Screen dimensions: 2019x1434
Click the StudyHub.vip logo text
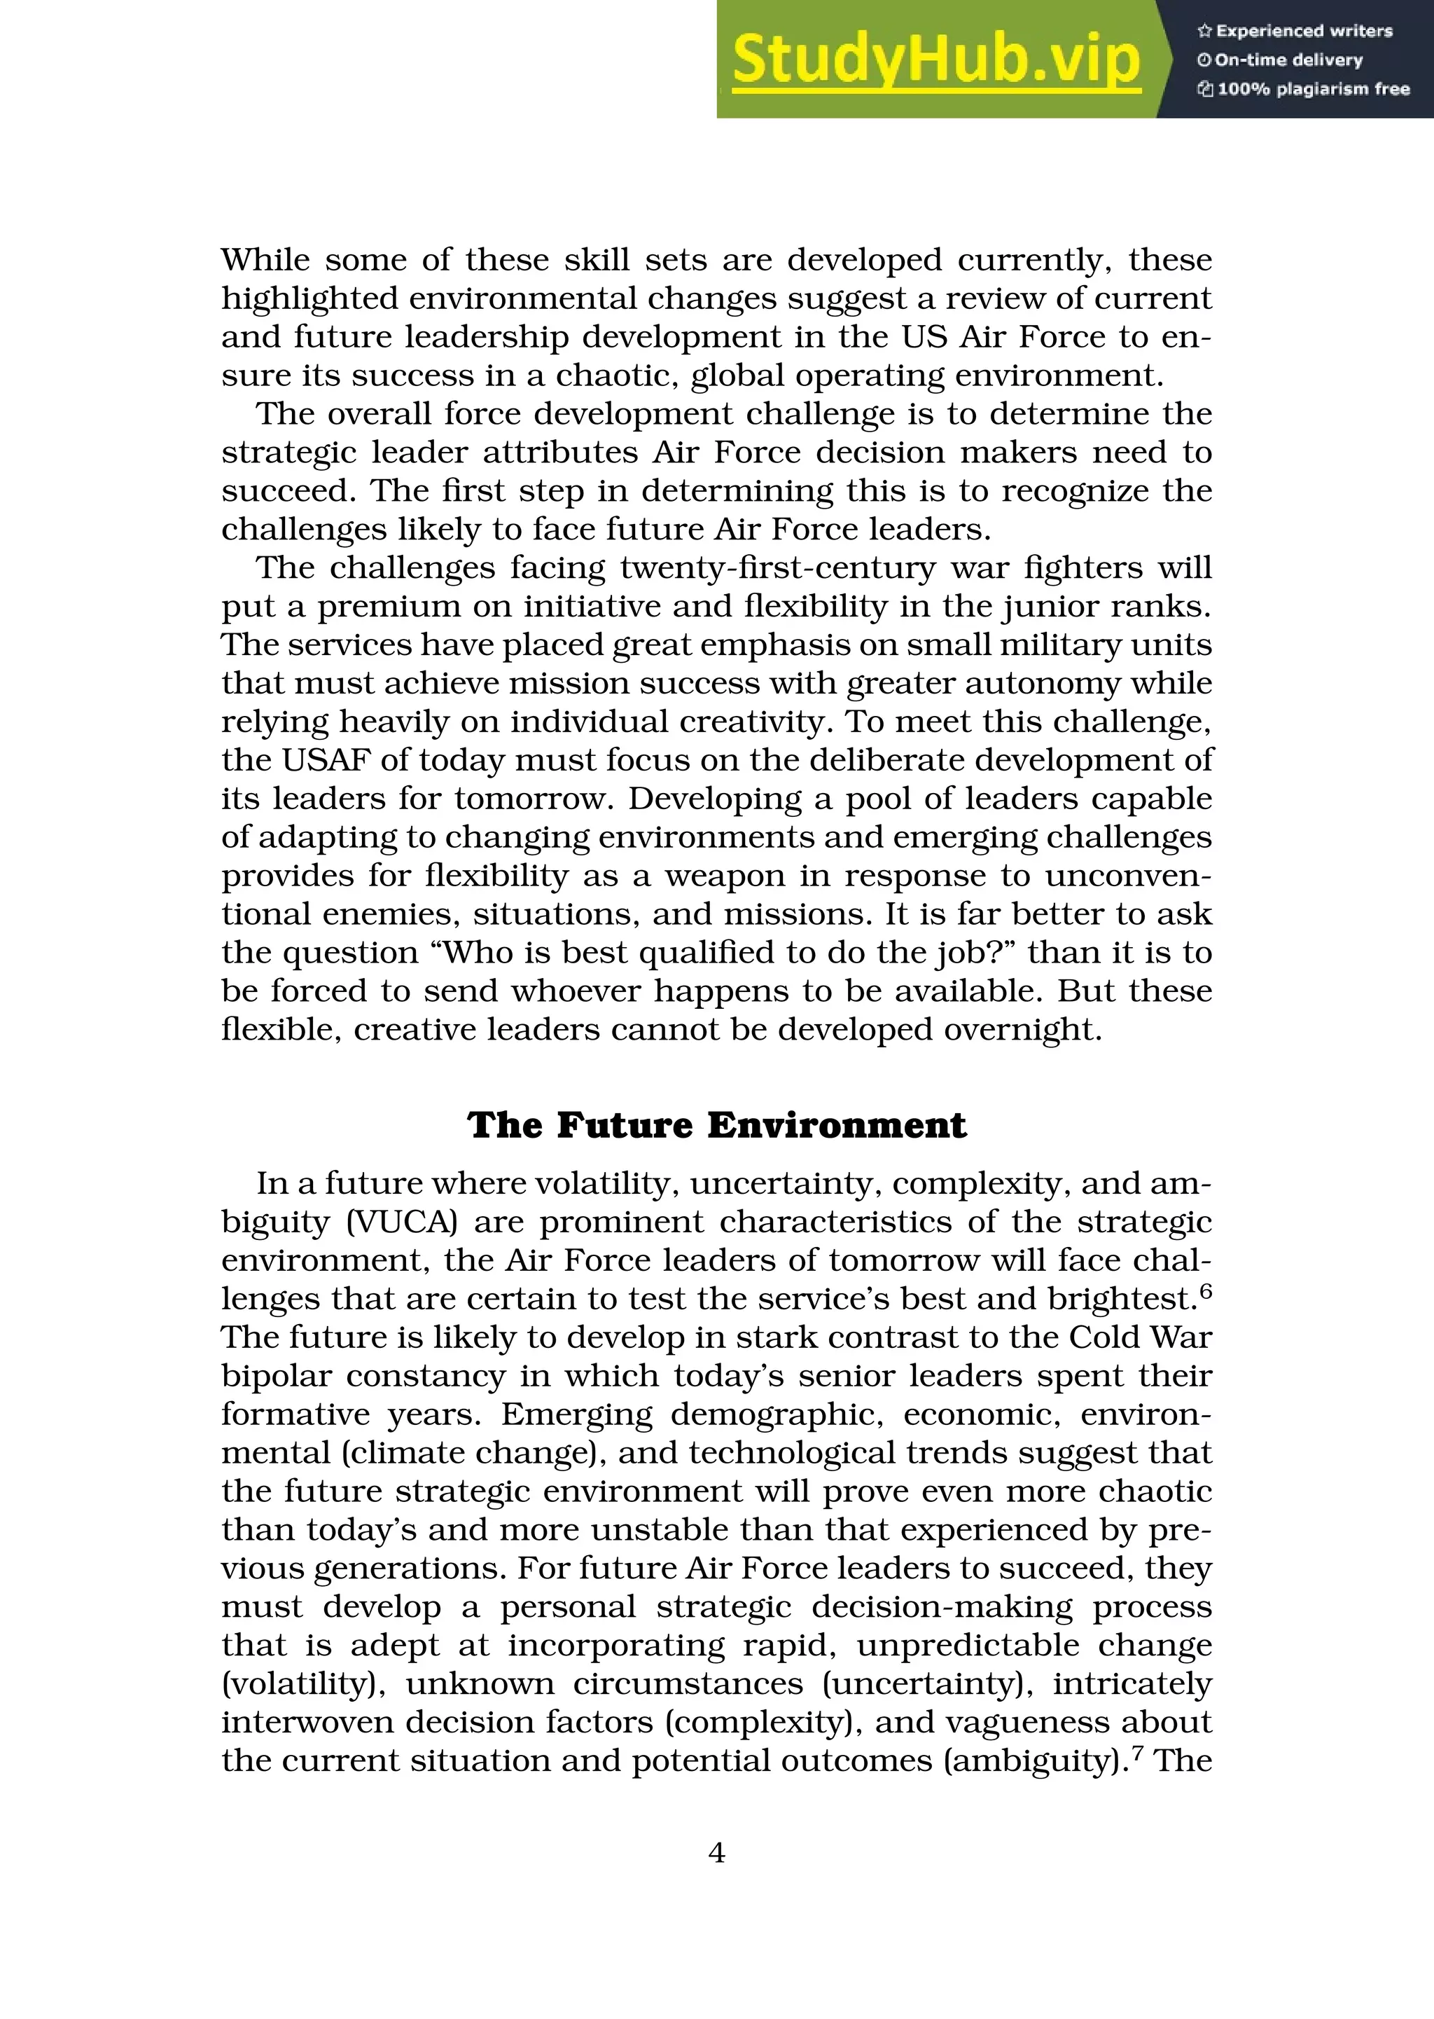coord(936,59)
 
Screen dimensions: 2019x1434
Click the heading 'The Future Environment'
coord(717,1125)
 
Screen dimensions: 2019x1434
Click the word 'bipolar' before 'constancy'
coord(274,1377)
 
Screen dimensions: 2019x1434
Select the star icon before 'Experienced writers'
coord(1204,31)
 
